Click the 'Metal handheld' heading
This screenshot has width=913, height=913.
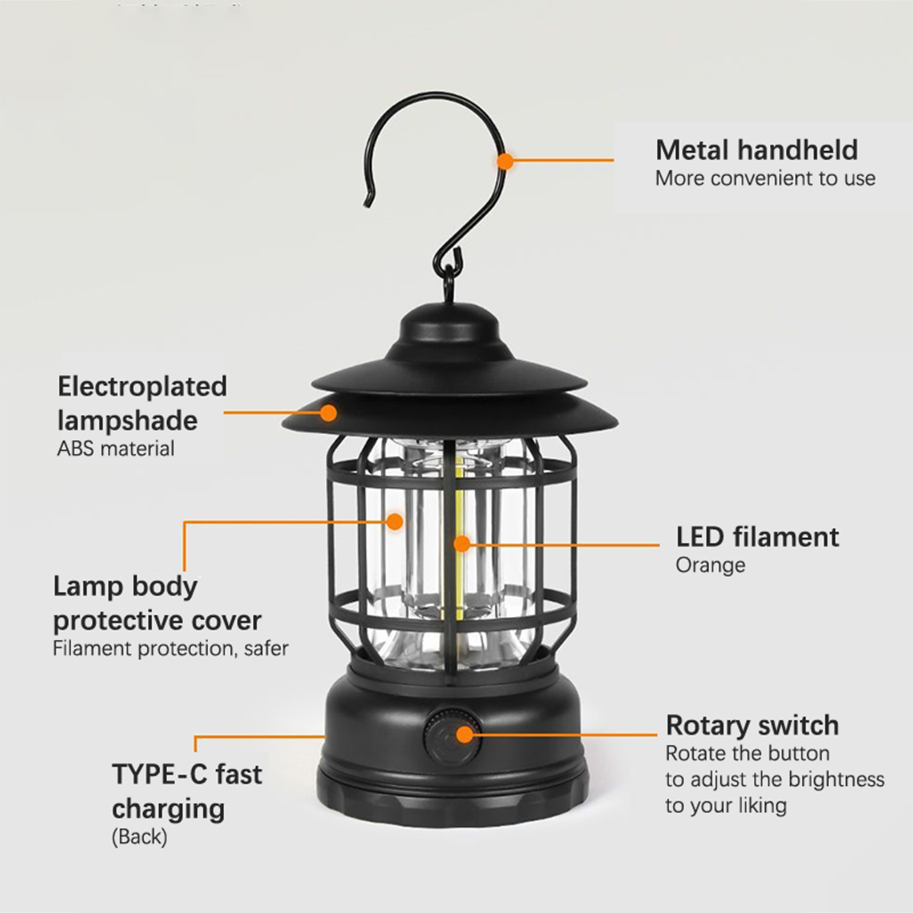coord(757,150)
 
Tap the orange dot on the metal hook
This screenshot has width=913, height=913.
coord(505,161)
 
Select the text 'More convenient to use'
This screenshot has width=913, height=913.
coord(765,179)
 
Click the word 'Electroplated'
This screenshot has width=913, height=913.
coord(142,387)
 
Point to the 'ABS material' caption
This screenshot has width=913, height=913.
coord(116,449)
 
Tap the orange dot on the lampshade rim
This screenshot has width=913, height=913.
coord(328,412)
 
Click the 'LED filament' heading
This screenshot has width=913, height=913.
coord(757,537)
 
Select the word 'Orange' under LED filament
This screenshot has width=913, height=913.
coord(710,565)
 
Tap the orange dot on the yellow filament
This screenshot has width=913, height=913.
coord(462,544)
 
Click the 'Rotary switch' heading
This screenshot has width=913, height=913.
coord(752,726)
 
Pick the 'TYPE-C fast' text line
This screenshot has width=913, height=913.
coord(187,774)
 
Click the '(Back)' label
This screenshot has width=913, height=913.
coord(139,837)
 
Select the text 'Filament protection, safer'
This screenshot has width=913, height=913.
coord(171,649)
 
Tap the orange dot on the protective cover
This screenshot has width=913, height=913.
coord(394,521)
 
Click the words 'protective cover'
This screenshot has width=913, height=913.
coord(157,621)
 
